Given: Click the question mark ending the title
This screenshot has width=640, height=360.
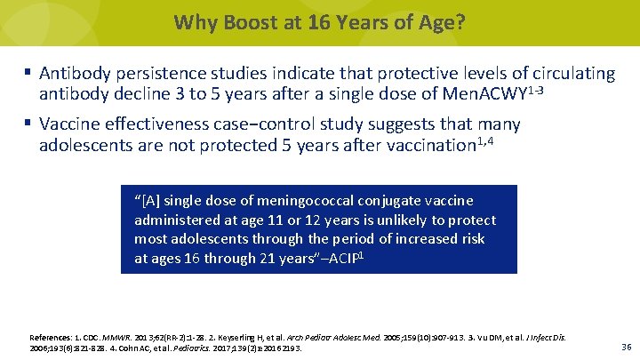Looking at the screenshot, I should click(460, 21).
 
